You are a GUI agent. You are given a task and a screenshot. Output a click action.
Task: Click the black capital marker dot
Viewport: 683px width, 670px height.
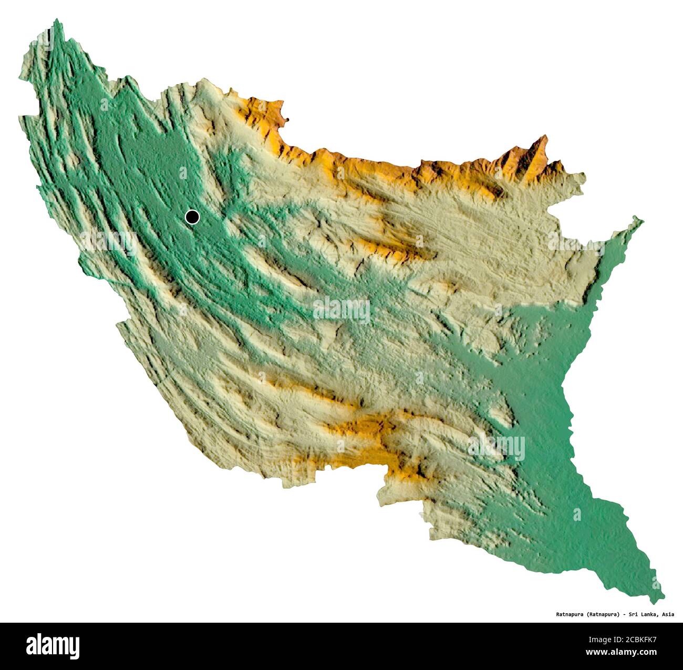192,217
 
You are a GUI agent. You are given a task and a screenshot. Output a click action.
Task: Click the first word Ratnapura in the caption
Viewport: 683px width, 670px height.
571,614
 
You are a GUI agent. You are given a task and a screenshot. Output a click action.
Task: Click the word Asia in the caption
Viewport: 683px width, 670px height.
668,614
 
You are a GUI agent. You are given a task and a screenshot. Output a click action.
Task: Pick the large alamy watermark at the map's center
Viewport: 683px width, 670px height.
341,310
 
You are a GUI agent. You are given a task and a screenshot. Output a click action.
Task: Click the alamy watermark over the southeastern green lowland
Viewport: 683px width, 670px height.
496,447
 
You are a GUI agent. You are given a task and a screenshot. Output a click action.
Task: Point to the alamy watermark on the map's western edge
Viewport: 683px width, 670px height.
108,242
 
